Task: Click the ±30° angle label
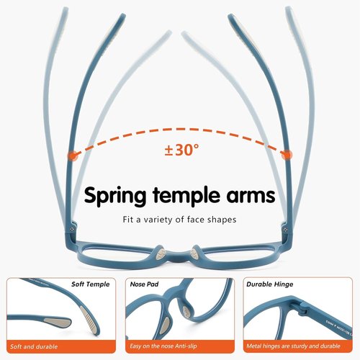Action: (181, 150)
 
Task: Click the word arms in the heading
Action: (251, 196)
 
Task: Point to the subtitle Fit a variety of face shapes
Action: (179, 220)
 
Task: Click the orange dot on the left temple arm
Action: (73, 156)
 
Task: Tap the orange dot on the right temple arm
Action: (287, 155)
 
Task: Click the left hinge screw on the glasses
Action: (72, 230)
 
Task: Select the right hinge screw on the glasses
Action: (286, 229)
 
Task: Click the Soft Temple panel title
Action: (91, 284)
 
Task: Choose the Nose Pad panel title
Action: (144, 284)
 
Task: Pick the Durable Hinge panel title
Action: (270, 284)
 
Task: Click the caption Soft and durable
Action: (34, 346)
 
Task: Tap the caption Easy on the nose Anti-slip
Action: (163, 346)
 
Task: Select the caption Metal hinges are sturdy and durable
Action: (293, 346)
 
